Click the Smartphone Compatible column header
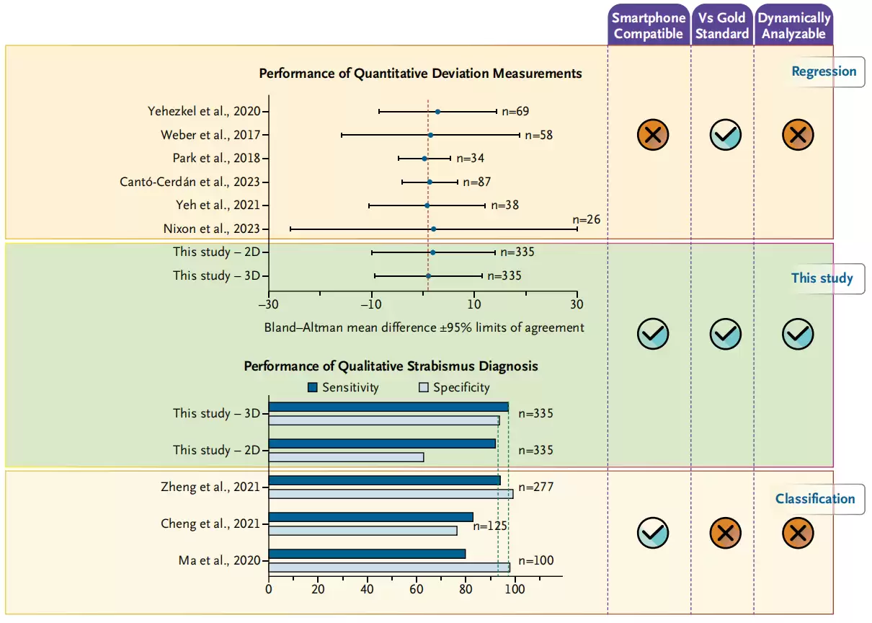point(649,26)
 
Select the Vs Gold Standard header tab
point(722,26)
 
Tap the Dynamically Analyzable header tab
point(794,26)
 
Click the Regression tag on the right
point(824,71)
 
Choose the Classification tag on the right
point(815,499)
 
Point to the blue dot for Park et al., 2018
point(424,159)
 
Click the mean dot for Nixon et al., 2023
point(433,229)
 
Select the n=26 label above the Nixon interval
point(586,219)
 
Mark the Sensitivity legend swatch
point(312,388)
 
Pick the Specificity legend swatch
point(424,388)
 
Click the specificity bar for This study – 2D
point(346,457)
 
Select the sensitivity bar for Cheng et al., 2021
point(370,517)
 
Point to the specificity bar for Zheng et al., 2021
point(391,494)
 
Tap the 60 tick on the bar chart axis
point(416,588)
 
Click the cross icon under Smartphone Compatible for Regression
point(653,134)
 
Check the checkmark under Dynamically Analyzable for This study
point(798,334)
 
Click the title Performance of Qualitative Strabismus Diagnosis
point(391,366)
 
